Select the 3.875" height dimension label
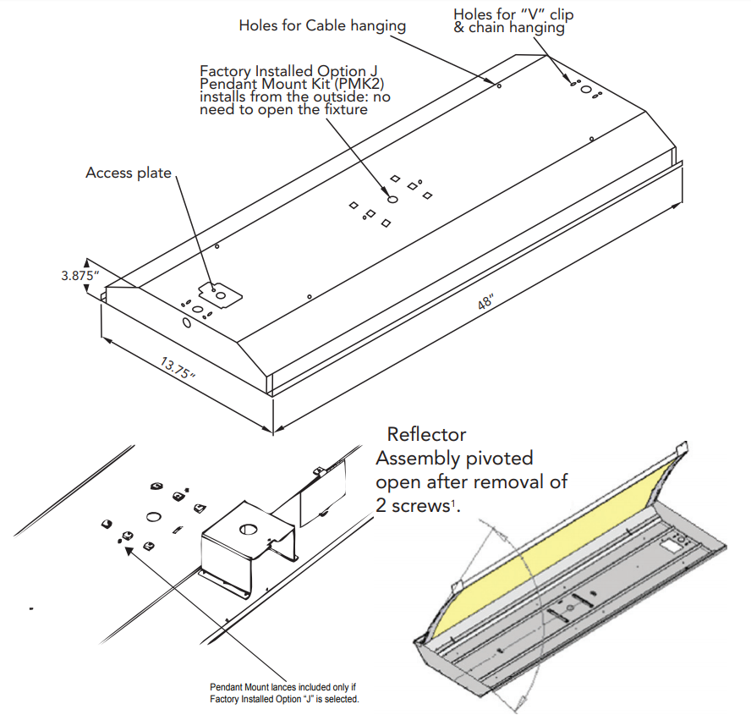tap(80, 276)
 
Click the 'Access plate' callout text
tap(128, 173)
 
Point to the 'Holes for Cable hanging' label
tap(322, 25)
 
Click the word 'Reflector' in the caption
tap(426, 435)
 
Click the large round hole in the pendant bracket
tap(247, 530)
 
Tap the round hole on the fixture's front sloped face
tap(185, 323)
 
